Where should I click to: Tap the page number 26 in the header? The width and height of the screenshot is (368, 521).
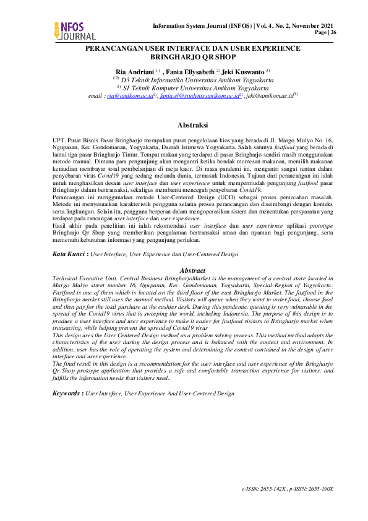(334, 32)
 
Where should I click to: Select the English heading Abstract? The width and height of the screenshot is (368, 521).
(192, 270)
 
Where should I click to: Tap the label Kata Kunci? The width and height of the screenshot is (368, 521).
(70, 254)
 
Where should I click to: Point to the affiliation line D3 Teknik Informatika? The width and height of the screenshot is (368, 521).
(192, 80)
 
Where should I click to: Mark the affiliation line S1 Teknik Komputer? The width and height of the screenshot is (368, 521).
(192, 88)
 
